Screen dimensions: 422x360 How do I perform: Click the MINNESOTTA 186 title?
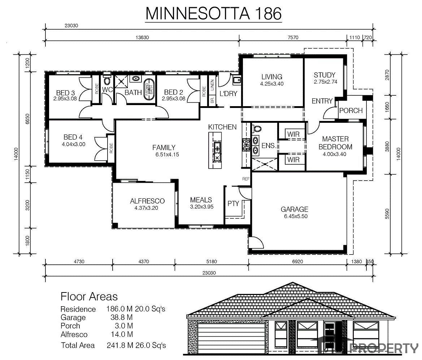(214, 13)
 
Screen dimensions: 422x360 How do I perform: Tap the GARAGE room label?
(295, 209)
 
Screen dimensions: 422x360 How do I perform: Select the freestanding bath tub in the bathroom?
(148, 90)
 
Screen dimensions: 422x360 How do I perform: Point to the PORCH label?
(351, 110)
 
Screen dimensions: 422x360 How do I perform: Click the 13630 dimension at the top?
(142, 38)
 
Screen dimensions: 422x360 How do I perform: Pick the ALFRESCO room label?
(147, 201)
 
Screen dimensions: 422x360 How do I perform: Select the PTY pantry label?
(233, 203)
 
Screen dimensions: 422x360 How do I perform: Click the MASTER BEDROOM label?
(335, 143)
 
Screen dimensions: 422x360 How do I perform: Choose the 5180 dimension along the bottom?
(211, 261)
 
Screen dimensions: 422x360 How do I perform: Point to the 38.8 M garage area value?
(121, 317)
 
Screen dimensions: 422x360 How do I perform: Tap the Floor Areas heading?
(89, 296)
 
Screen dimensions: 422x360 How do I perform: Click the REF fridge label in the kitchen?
(246, 179)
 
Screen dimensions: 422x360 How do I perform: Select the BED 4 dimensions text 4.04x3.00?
(74, 144)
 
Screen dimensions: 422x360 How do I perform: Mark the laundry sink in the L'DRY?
(237, 80)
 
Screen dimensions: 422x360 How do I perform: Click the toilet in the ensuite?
(257, 128)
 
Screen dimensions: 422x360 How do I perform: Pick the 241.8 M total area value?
(120, 345)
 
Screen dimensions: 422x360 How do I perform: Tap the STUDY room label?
(325, 75)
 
